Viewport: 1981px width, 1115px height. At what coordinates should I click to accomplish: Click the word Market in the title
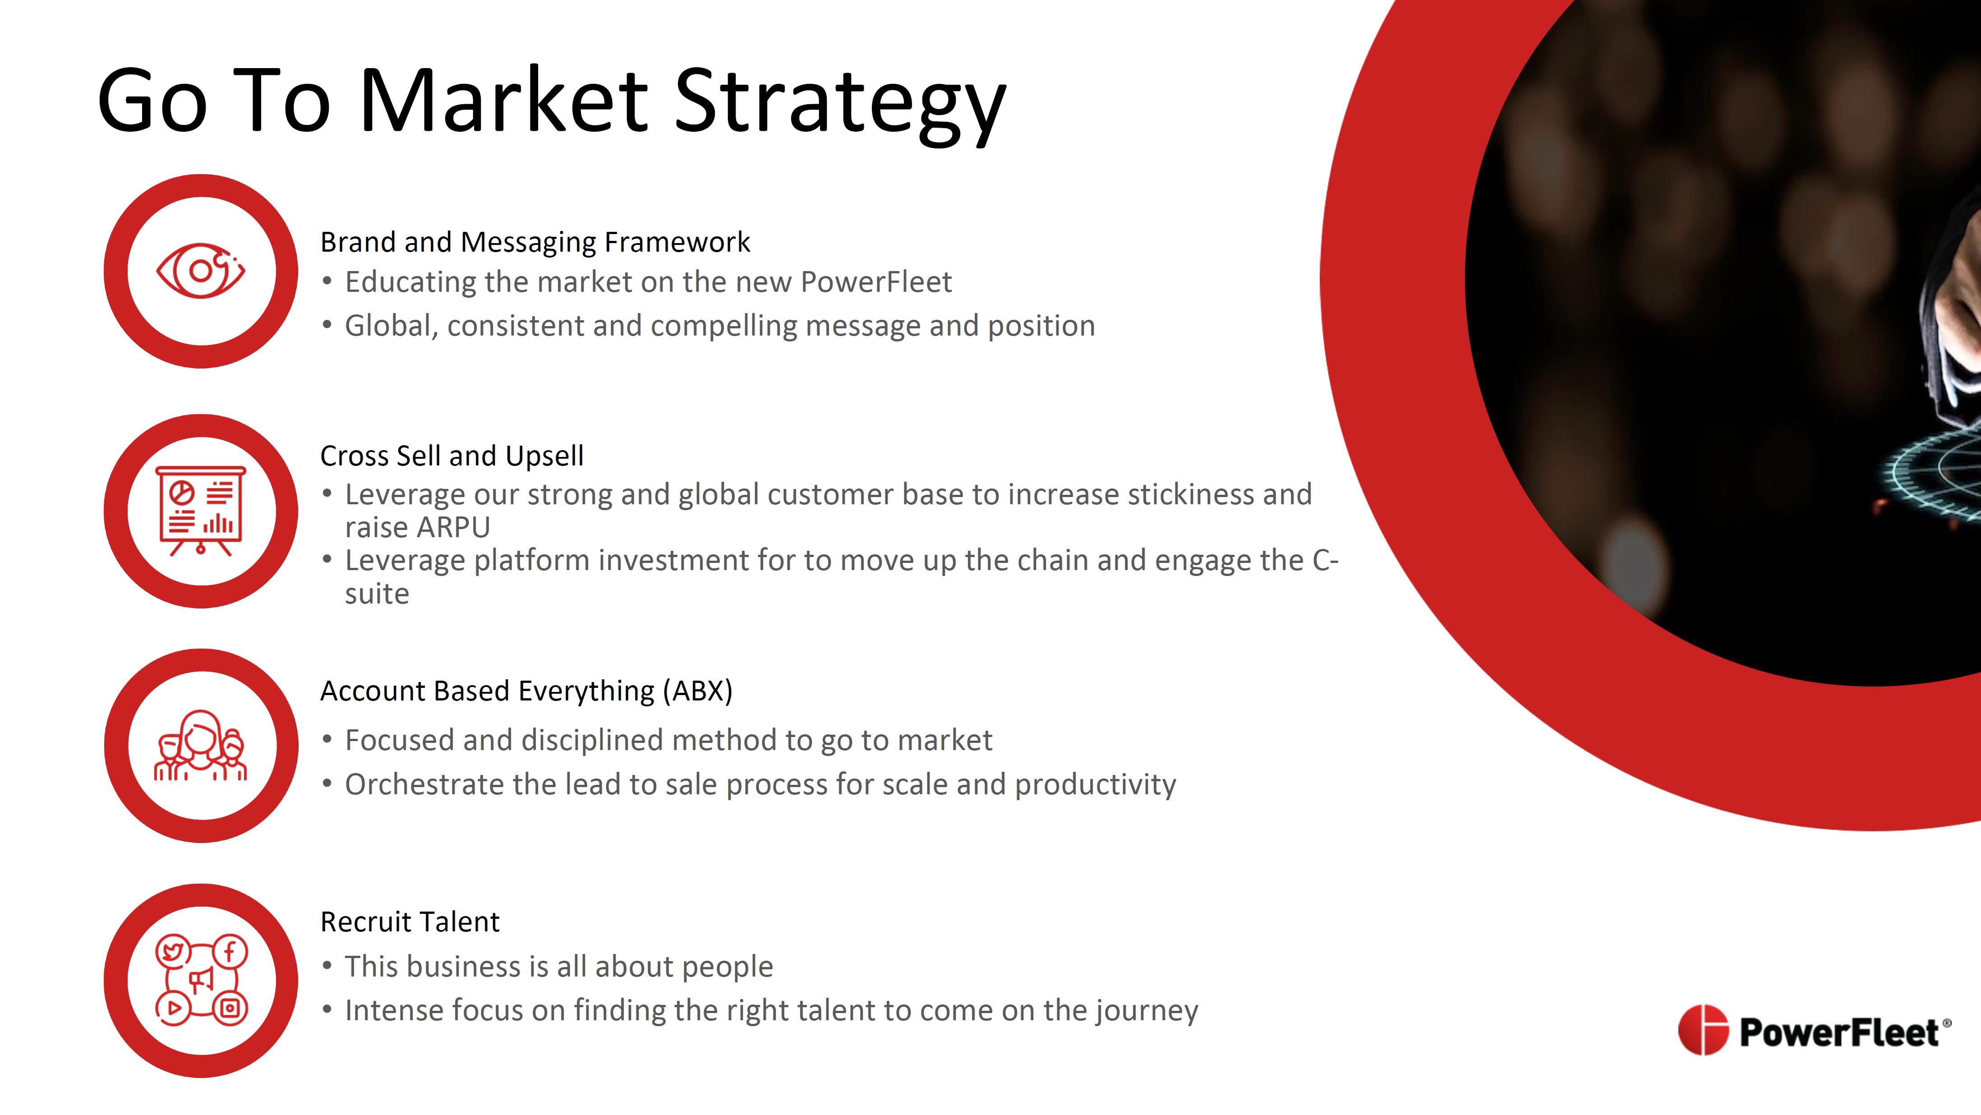(504, 100)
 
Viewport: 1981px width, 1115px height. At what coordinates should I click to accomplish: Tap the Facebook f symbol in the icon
(229, 952)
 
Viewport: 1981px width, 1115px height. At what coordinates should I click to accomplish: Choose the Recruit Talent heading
(410, 921)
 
